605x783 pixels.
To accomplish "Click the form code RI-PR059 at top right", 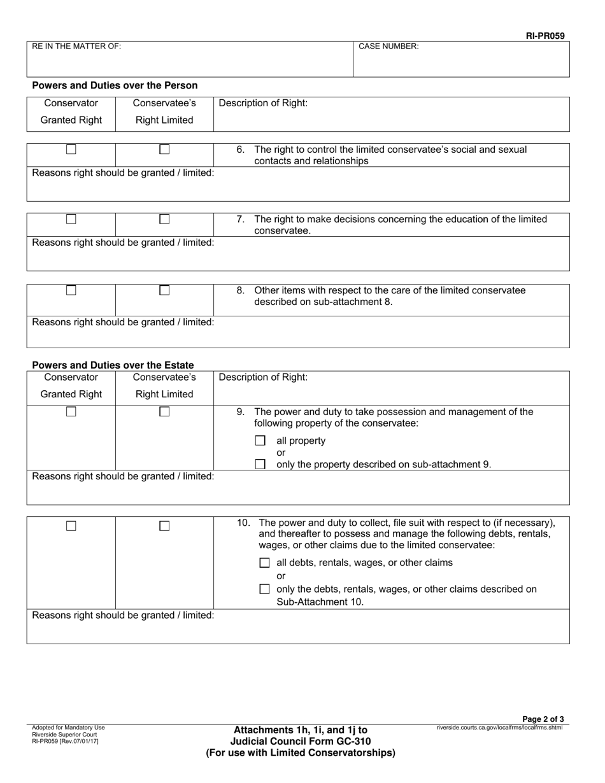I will point(544,36).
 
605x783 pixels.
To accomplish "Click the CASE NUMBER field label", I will point(388,46).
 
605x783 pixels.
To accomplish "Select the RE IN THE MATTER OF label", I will point(76,46).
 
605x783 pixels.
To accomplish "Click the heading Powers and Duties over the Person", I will point(115,85).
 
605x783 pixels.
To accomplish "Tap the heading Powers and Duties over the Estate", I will point(113,365).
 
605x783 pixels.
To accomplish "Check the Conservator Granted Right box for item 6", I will point(71,150).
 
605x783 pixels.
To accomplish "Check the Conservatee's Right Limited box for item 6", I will point(164,150).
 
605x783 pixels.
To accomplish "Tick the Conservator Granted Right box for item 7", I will point(71,219).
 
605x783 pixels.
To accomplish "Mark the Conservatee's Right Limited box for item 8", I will point(164,290).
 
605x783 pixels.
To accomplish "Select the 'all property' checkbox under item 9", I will point(260,441).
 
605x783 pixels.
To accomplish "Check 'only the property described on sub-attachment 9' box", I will point(260,464).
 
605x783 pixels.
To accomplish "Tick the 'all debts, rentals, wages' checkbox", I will point(264,563).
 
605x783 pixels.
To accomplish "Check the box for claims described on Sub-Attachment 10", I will point(264,589).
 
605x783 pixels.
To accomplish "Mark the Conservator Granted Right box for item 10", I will point(71,526).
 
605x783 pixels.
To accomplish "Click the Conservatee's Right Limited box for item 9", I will point(164,412).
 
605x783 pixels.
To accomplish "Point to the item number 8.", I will point(240,290).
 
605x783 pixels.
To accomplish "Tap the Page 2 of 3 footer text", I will point(543,719).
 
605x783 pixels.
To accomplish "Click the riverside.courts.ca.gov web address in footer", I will point(499,728).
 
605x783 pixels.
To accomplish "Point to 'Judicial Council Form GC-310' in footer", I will point(300,741).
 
